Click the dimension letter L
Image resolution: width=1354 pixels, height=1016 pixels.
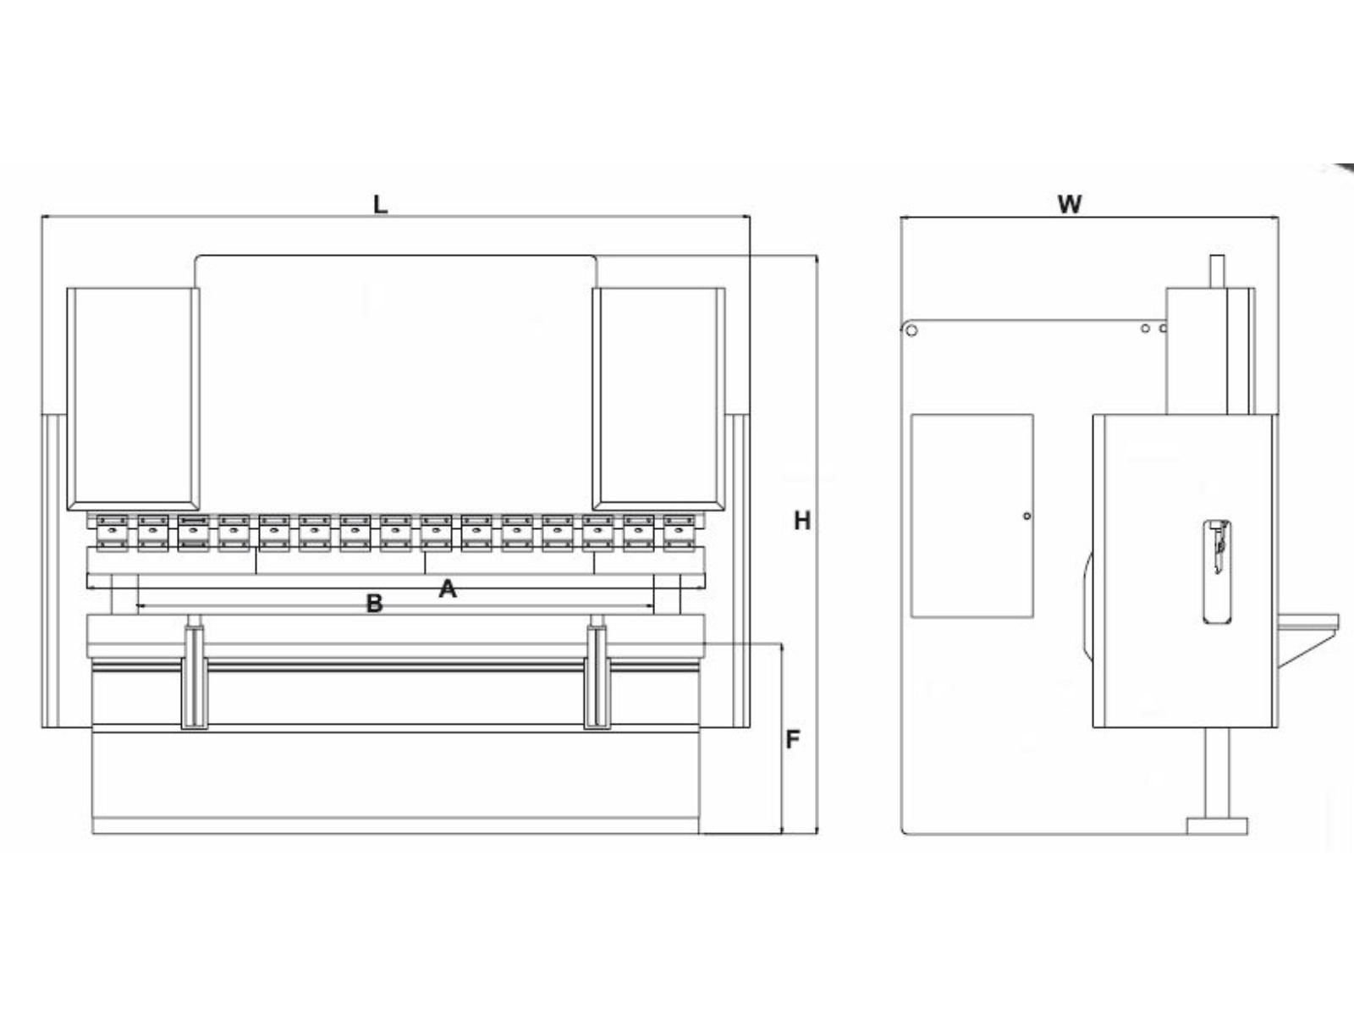[381, 204]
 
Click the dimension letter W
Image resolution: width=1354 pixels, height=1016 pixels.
[1070, 204]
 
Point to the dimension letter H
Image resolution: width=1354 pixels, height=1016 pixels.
[802, 522]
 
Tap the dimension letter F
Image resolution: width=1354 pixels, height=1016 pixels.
[793, 739]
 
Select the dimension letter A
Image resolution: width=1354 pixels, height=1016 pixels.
[448, 589]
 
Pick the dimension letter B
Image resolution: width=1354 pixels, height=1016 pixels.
[374, 604]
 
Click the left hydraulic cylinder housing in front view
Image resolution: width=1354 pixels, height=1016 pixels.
[133, 399]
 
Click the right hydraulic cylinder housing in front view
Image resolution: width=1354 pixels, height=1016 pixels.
[658, 399]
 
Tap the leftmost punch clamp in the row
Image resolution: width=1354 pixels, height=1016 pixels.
[113, 533]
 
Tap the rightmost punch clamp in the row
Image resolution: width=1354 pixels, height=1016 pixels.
[680, 533]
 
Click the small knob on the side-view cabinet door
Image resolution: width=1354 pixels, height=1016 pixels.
[1027, 516]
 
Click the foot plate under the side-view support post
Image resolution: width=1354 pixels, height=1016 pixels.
[1217, 826]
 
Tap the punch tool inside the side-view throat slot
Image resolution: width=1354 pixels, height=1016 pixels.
[1219, 547]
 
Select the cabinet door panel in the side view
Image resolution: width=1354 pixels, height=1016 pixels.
[972, 516]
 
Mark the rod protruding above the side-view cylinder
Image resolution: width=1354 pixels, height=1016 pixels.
[1217, 272]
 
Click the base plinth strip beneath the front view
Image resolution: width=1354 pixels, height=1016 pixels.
[395, 826]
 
